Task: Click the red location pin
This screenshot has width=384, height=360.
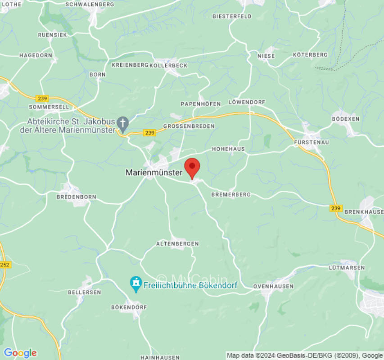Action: (192, 167)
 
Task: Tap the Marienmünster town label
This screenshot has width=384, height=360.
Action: (154, 172)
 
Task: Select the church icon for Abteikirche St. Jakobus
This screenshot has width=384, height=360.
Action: (122, 122)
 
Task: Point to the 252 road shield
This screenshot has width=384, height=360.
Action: (5, 265)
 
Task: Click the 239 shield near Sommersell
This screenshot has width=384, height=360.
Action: (42, 99)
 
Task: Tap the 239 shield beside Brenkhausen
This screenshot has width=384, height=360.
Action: (335, 208)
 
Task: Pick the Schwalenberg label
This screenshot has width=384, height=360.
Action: (90, 4)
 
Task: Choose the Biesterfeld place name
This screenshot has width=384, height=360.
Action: (232, 16)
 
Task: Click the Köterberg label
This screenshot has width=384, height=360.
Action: (310, 54)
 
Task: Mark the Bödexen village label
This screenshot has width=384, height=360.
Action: (345, 119)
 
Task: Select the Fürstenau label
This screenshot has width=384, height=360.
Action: (312, 142)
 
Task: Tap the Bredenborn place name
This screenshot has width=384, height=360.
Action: (76, 197)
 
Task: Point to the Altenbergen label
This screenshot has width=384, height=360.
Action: (177, 243)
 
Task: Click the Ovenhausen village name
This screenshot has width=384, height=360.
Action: (273, 286)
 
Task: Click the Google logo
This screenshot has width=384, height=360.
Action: (20, 353)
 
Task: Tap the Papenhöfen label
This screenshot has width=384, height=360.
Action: (201, 104)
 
